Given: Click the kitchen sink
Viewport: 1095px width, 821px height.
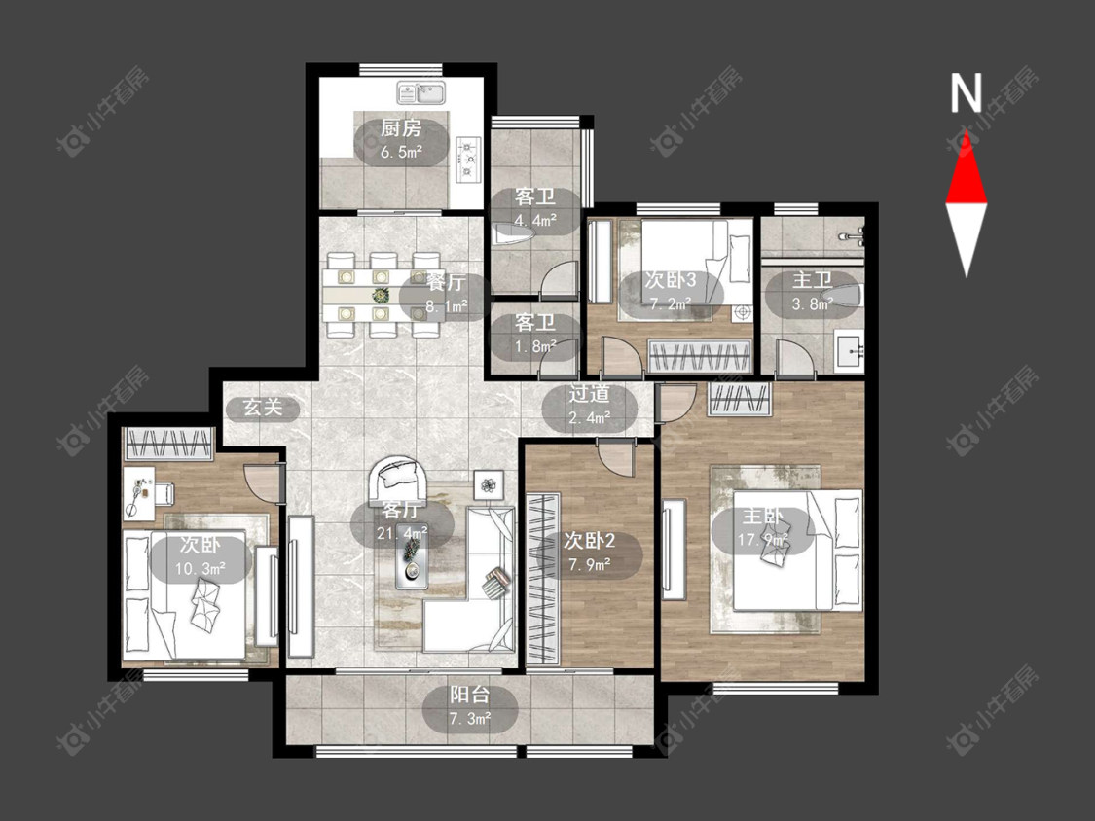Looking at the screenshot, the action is pyautogui.click(x=421, y=92).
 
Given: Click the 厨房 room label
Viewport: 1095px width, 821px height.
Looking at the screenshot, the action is pyautogui.click(x=401, y=129).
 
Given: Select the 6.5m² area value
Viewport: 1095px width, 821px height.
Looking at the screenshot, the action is pyautogui.click(x=402, y=152).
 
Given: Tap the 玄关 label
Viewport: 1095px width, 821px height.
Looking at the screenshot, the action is pyautogui.click(x=263, y=407).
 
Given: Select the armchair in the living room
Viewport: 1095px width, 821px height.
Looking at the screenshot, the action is pyautogui.click(x=401, y=477).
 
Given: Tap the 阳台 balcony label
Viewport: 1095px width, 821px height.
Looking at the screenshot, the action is pyautogui.click(x=469, y=696).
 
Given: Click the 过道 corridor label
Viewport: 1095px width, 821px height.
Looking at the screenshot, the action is pyautogui.click(x=590, y=394).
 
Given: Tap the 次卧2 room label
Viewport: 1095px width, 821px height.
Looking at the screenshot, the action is pyautogui.click(x=590, y=540).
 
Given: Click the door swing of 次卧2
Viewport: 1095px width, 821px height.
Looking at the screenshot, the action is pyautogui.click(x=615, y=457).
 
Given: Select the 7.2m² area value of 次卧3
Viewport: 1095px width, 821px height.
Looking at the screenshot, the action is pyautogui.click(x=671, y=303).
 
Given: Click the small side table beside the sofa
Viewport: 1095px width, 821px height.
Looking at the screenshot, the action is pyautogui.click(x=489, y=484).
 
